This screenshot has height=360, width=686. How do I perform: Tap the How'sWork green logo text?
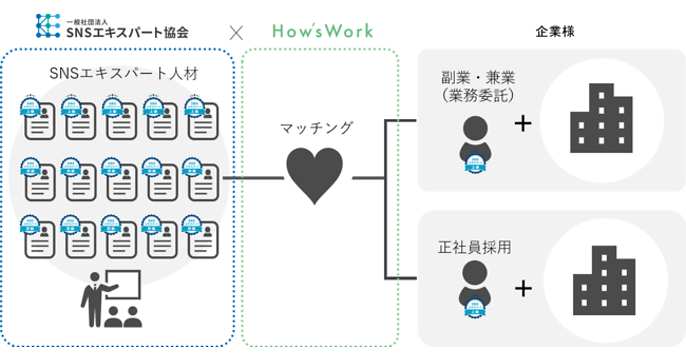pos(322,31)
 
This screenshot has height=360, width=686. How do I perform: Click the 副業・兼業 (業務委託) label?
pos(478,86)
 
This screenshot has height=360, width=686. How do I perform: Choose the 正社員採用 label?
pos(474,247)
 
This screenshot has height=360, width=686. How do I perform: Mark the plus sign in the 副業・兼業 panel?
pos(523,123)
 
